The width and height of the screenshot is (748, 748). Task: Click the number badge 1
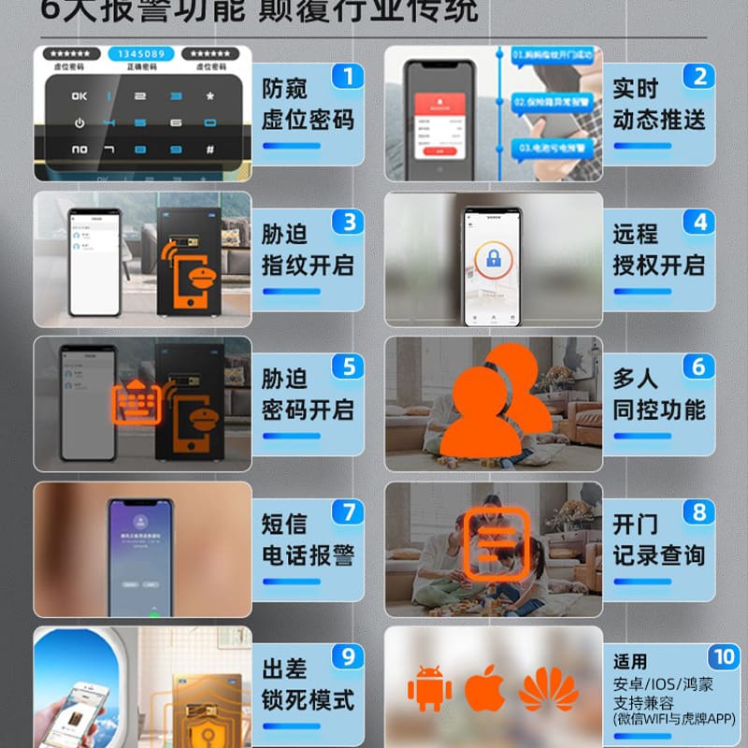click(348, 76)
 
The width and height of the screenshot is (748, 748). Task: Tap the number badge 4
click(700, 222)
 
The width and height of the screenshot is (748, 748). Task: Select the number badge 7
click(348, 512)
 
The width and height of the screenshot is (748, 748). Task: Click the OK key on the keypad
click(79, 95)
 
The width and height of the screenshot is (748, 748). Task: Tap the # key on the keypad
click(209, 149)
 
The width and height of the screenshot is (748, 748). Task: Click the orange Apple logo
click(485, 689)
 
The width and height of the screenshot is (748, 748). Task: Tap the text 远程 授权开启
click(658, 250)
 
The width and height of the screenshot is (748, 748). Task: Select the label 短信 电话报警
click(308, 539)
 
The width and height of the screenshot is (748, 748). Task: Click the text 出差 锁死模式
click(308, 684)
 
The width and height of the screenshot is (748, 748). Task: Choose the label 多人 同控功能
click(658, 395)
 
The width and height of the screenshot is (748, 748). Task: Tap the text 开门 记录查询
click(658, 539)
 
